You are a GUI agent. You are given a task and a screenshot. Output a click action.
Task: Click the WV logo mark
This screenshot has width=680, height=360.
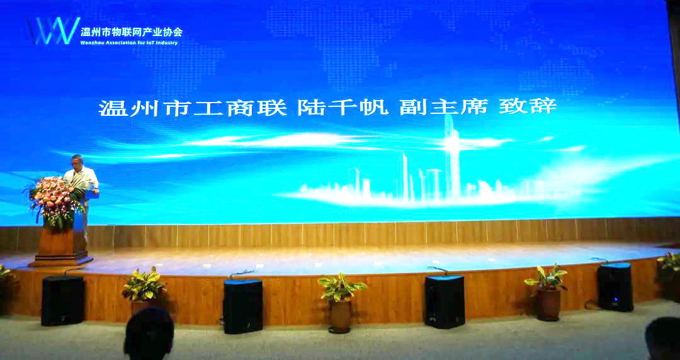click(x=54, y=31)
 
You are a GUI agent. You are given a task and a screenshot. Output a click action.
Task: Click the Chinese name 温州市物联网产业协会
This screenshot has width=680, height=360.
click(x=132, y=31)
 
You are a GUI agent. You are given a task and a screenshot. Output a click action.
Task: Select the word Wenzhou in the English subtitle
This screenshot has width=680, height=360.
click(x=91, y=43)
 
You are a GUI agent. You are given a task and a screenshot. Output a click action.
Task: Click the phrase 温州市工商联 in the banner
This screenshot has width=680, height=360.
click(x=193, y=108)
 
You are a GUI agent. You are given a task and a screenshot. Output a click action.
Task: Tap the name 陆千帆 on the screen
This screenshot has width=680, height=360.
click(x=343, y=108)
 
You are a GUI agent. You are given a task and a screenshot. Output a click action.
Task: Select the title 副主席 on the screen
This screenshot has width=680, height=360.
click(x=444, y=107)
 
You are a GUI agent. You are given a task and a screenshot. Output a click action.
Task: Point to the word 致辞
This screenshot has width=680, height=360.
click(x=528, y=107)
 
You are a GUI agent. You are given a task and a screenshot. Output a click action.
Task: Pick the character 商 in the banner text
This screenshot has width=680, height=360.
click(x=241, y=108)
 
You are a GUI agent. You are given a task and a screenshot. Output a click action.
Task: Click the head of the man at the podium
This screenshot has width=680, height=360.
click(x=77, y=162)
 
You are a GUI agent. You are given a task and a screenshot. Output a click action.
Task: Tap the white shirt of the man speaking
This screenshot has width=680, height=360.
click(x=82, y=179)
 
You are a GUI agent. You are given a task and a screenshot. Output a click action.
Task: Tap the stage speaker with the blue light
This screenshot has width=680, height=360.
click(x=615, y=287)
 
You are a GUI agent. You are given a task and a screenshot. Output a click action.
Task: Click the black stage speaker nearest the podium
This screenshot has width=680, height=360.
click(x=63, y=300)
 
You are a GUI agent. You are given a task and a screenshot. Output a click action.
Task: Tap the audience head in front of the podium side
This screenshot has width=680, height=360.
click(x=149, y=334)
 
